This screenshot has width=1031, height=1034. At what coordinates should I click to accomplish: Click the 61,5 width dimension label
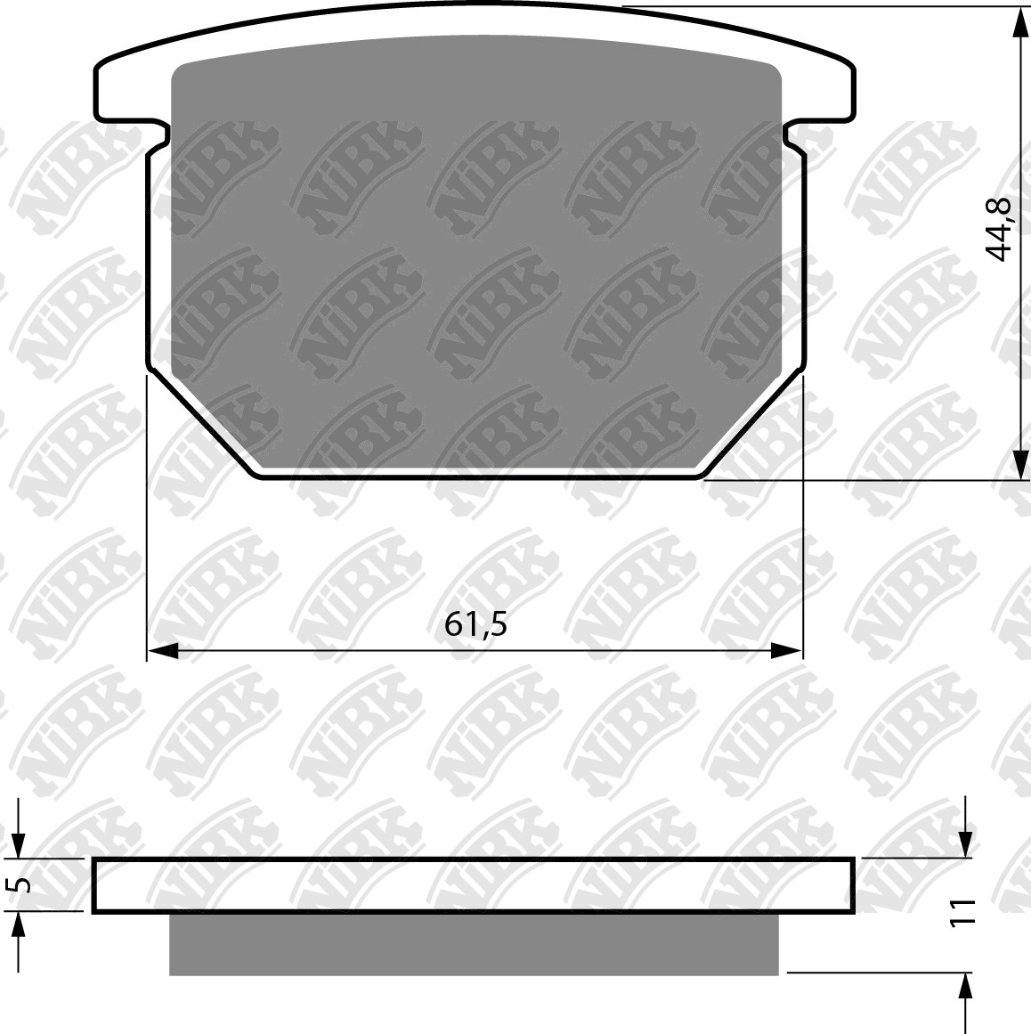[x=475, y=623]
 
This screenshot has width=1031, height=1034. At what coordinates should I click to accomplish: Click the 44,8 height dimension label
[x=997, y=230]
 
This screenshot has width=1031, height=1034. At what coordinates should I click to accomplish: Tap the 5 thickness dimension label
[x=21, y=884]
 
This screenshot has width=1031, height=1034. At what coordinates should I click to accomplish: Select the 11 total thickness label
[x=963, y=913]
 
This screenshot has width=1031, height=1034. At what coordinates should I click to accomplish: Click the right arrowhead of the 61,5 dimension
[x=786, y=652]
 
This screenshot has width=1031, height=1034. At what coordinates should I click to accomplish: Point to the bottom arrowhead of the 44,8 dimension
[x=1019, y=465]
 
